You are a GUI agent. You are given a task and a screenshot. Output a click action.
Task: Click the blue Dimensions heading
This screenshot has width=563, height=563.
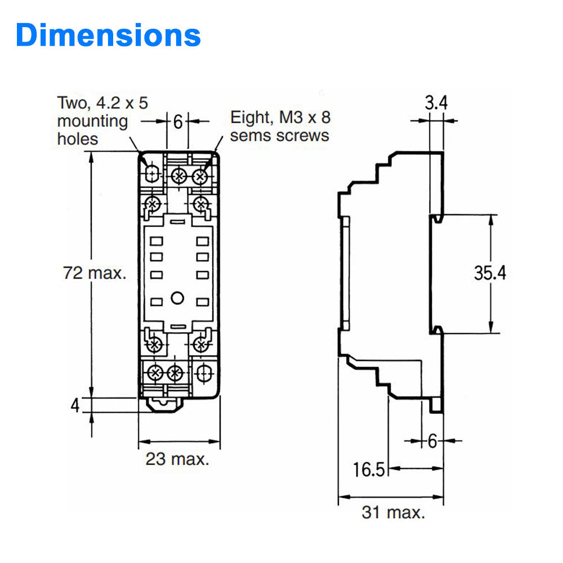click(x=108, y=35)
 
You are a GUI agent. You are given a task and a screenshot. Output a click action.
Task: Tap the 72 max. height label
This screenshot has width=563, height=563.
click(x=94, y=274)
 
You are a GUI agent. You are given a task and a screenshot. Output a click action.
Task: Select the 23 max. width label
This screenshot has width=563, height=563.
click(x=177, y=459)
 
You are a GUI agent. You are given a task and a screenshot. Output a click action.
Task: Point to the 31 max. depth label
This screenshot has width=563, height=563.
click(x=393, y=513)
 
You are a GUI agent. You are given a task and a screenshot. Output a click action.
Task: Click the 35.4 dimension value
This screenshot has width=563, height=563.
click(x=490, y=273)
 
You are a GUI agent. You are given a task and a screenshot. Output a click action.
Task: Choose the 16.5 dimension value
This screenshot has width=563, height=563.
click(x=369, y=469)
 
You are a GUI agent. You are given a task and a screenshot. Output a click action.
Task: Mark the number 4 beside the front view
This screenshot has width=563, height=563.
click(x=75, y=405)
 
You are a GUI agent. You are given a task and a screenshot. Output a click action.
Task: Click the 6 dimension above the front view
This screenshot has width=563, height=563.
click(x=177, y=122)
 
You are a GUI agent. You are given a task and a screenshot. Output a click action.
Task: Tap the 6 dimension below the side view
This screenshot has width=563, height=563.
click(x=432, y=441)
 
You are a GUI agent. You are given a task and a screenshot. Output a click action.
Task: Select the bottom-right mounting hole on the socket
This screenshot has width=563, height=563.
click(x=203, y=372)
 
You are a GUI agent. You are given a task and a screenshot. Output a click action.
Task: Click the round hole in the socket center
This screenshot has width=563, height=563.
click(x=177, y=298)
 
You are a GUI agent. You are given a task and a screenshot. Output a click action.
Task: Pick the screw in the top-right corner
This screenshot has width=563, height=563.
click(x=200, y=176)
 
